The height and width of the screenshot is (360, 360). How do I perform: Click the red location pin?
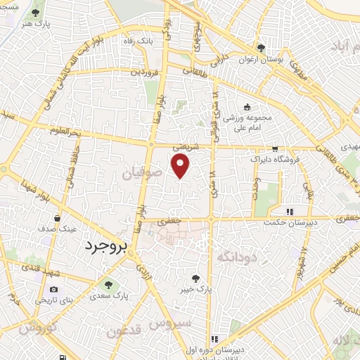tap(181, 167)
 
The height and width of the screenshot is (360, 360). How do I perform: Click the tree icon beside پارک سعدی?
tap(108, 284)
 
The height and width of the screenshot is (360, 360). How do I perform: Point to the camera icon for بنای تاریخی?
tap(53, 289)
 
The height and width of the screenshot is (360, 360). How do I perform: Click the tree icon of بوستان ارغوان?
tap(261, 49)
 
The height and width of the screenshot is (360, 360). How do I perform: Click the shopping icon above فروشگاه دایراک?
tap(275, 149)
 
